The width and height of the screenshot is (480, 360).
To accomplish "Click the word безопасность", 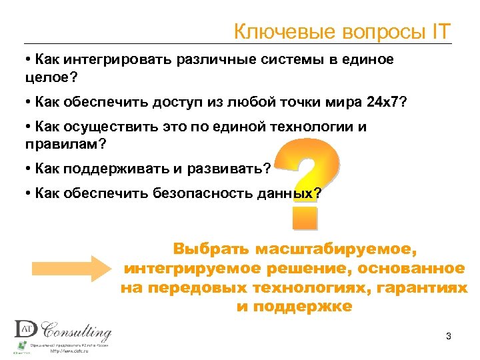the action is pyautogui.click(x=211, y=193).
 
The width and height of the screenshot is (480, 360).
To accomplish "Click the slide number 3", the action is pyautogui.click(x=449, y=335).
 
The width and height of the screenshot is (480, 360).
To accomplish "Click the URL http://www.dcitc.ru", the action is pyautogui.click(x=74, y=352).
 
